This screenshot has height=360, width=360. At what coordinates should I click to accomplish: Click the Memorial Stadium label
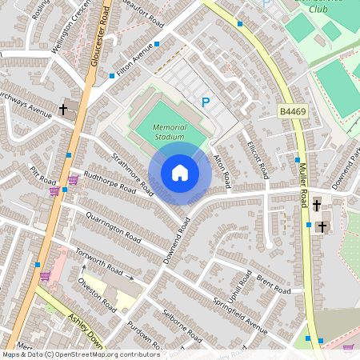[168, 132]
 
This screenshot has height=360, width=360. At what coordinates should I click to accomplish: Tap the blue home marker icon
[180, 173]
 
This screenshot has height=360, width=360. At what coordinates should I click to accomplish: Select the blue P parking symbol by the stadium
[206, 102]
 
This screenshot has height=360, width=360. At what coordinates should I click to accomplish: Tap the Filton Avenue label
[134, 62]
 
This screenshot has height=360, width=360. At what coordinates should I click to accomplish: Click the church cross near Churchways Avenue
[62, 109]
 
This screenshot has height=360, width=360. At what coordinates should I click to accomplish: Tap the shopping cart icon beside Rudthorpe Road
[73, 180]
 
